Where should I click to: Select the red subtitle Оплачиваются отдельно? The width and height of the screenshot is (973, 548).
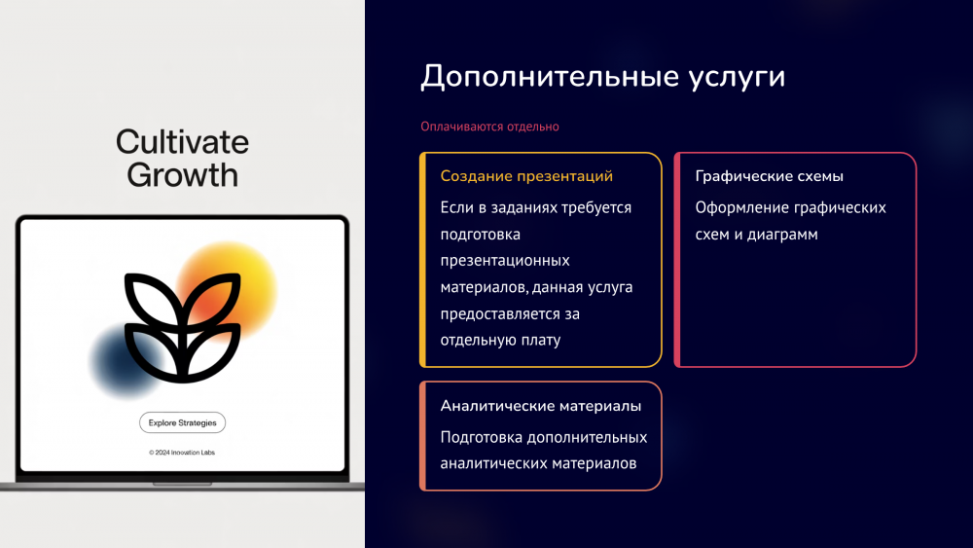(x=489, y=127)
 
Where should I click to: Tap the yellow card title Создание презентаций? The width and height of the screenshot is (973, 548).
(x=526, y=176)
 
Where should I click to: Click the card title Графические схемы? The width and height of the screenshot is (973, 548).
(x=769, y=176)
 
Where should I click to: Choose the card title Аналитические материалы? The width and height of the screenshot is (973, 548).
(x=540, y=406)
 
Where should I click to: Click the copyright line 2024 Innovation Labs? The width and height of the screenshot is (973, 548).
(x=182, y=453)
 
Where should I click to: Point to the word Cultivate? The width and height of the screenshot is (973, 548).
(x=183, y=142)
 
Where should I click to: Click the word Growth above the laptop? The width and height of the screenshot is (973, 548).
(x=183, y=174)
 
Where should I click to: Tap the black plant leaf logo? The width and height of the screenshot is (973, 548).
(x=183, y=327)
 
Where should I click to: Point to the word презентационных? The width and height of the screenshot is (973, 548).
(x=505, y=261)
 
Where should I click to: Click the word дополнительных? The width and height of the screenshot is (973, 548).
(x=587, y=438)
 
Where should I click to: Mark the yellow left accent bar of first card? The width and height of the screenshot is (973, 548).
(x=422, y=260)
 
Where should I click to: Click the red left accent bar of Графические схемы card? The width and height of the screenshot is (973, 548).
(x=677, y=260)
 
